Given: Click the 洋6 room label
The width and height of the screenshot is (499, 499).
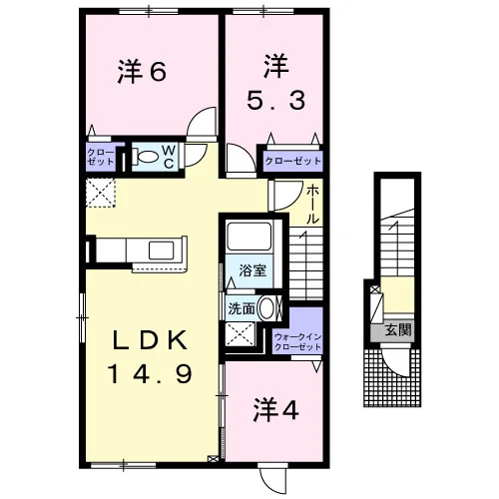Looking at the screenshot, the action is point(142,72).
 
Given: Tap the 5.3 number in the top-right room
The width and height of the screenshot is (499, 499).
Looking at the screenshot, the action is point(275,101).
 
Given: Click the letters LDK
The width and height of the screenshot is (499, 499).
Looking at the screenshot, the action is point(150,340).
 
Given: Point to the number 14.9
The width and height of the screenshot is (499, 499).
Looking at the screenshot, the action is point(150,373).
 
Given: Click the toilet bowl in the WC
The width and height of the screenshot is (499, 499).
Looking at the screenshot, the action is point(148,157).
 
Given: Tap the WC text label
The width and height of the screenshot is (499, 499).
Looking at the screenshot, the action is point(169,157).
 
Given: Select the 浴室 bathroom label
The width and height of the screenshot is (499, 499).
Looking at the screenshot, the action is point(252,270).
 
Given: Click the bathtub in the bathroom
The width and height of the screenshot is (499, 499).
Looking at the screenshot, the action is point(249,237).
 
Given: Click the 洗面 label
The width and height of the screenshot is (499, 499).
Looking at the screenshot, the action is point(242,309).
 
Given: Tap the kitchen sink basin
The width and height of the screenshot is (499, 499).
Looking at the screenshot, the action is point(161,250).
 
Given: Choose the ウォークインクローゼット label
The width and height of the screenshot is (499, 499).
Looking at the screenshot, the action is point(297,342).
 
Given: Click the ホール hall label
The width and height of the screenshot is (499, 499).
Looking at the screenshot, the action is point(312,205).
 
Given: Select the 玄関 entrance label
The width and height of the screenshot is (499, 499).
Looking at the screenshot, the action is point(398,329).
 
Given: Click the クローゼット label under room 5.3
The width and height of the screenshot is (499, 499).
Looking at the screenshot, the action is point(293,162).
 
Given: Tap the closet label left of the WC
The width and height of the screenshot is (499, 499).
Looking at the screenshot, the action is point(101,157).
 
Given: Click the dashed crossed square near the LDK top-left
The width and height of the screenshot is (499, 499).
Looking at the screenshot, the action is point(101,193).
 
